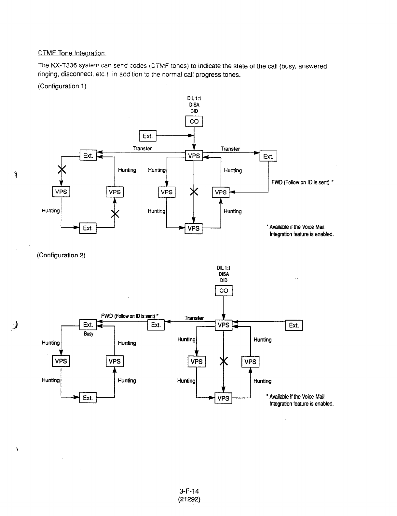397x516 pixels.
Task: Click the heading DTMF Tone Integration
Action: coord(72,53)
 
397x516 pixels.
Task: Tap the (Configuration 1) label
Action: coord(62,86)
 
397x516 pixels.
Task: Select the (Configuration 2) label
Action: coord(61,255)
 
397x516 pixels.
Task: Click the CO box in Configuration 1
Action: coord(194,121)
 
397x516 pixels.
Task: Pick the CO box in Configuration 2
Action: coord(224,291)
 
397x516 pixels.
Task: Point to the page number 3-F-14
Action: coord(189,491)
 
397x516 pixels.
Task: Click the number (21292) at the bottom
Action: coord(189,499)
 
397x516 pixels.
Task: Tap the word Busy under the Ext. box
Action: coord(89,334)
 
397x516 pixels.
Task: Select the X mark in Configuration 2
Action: coord(224,361)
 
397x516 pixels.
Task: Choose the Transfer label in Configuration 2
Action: coord(194,318)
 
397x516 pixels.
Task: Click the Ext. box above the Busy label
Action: coord(88,325)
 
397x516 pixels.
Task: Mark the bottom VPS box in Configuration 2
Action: coord(223,398)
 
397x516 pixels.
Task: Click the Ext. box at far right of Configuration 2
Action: coord(294,325)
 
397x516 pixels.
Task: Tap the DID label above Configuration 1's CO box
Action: coord(194,111)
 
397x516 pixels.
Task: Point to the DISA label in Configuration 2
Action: coord(224,274)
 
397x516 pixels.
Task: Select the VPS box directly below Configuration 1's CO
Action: coord(194,156)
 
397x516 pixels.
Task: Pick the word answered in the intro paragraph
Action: coord(313,66)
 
